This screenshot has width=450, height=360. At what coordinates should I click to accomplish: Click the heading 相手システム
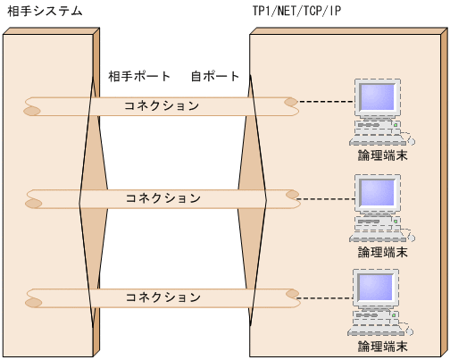point(45,11)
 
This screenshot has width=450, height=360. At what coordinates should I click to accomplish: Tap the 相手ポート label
point(138,76)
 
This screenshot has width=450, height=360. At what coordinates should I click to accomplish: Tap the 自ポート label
point(215,76)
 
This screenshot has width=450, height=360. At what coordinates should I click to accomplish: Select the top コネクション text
point(162,105)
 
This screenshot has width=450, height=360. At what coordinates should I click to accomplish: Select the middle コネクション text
point(162,197)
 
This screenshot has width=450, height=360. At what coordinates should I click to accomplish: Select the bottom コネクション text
point(162,296)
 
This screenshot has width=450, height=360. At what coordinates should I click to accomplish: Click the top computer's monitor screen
point(376,99)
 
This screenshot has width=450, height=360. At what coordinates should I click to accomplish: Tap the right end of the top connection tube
point(291,104)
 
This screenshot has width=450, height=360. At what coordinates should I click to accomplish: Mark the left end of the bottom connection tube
point(33,297)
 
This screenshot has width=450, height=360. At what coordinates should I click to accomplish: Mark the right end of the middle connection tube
point(291,196)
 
